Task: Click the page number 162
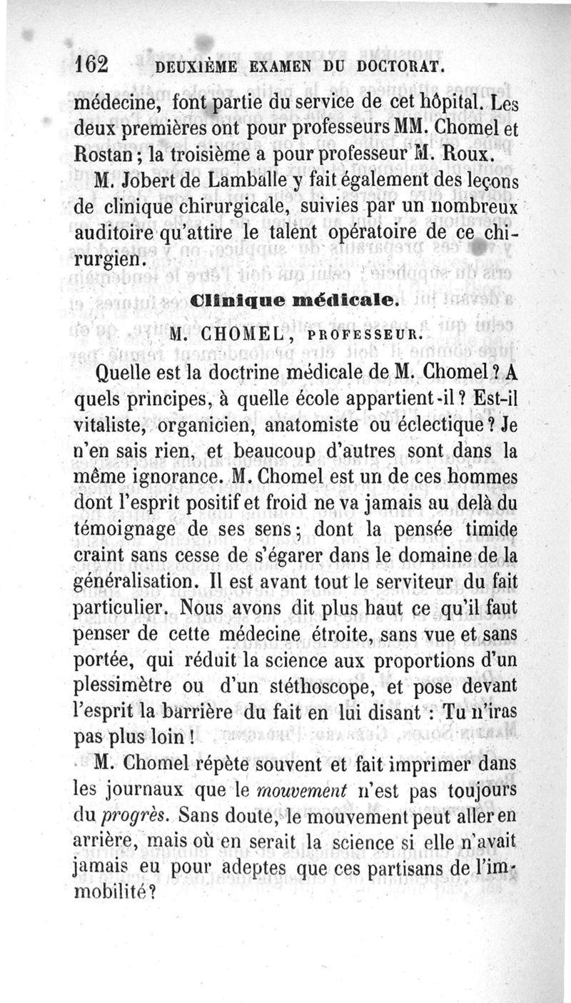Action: point(91,65)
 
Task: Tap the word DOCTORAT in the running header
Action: point(403,68)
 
